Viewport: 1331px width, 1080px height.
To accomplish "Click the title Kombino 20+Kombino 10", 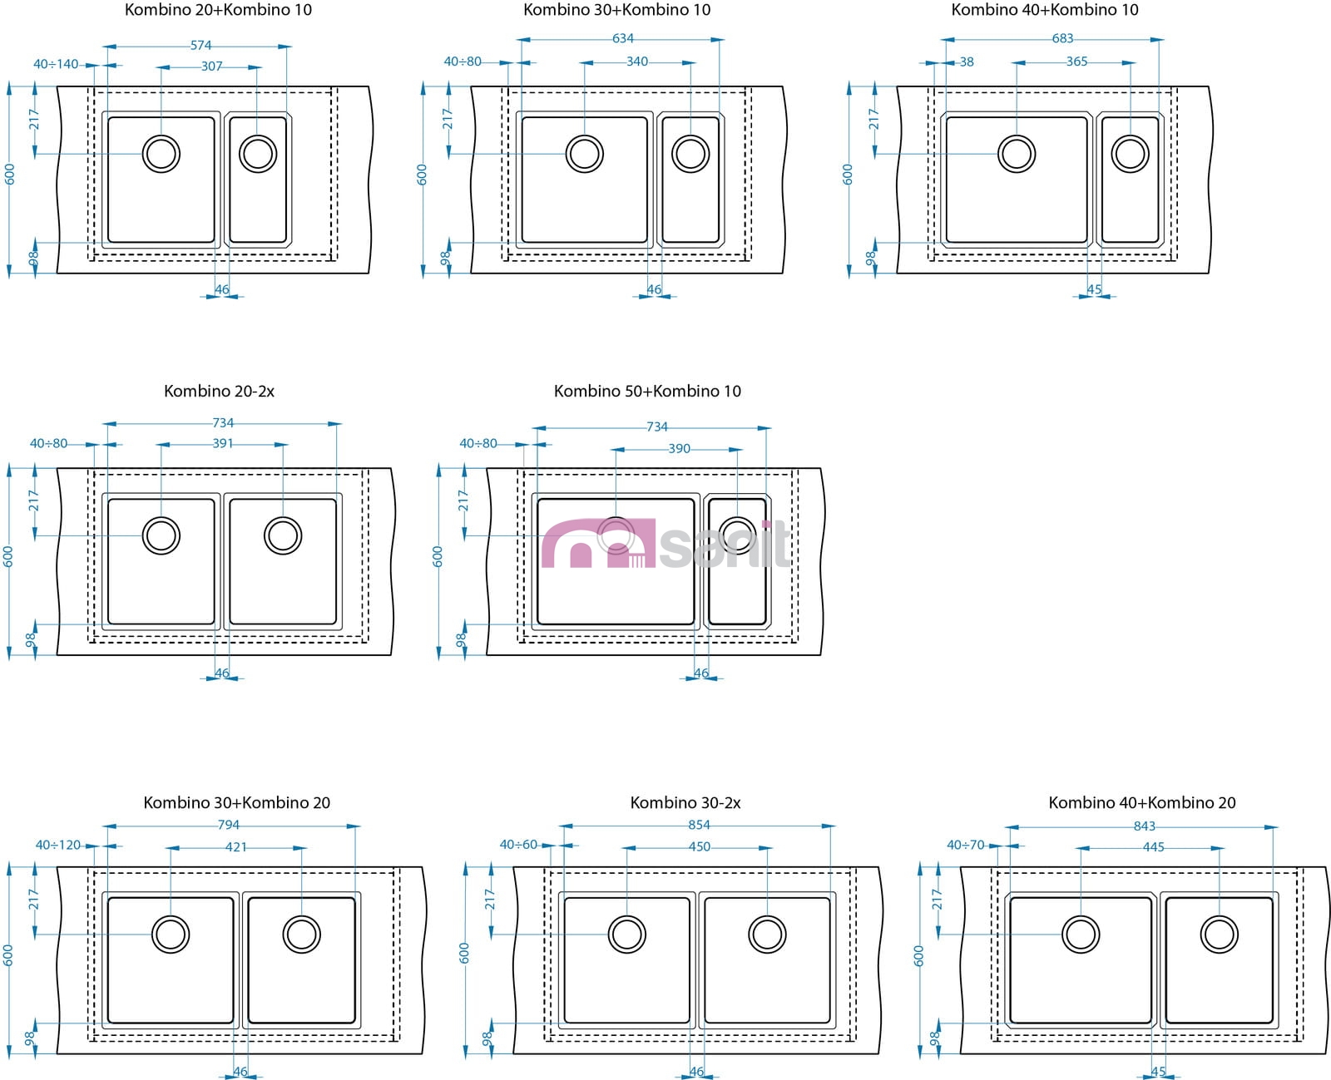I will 218,10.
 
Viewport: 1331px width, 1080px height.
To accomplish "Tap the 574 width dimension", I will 200,46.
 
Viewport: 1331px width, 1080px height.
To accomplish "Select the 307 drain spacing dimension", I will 211,67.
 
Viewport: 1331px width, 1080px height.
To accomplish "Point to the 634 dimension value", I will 622,38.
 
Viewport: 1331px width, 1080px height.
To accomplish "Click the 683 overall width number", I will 1062,38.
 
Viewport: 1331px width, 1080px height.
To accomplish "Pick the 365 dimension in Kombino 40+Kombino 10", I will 1076,62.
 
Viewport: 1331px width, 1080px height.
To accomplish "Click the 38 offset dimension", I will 966,62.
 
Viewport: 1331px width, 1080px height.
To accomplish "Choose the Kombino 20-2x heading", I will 219,391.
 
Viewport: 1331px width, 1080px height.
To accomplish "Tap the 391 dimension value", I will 222,443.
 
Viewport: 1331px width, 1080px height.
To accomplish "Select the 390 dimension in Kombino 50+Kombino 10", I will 679,448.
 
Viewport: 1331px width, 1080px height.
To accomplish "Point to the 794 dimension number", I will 228,825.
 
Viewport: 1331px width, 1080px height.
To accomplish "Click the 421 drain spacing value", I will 236,847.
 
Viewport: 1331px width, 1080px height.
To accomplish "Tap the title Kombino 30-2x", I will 685,802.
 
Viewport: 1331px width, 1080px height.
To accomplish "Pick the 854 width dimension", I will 699,825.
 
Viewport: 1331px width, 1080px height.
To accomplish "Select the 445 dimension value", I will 1153,847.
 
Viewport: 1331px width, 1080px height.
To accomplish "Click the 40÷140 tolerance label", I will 56,64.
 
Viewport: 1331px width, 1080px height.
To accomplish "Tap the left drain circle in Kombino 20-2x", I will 161,535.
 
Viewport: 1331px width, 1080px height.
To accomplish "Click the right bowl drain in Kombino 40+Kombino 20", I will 1219,935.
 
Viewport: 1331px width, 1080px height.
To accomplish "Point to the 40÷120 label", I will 58,845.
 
